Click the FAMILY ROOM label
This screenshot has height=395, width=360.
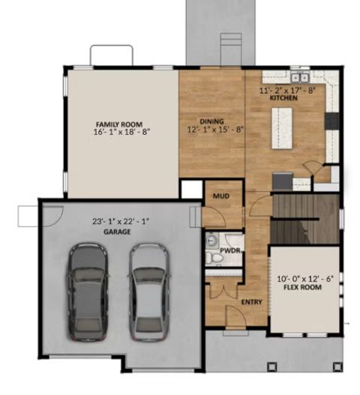pyautogui.click(x=112, y=124)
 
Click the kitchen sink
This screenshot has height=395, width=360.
pyautogui.click(x=299, y=76)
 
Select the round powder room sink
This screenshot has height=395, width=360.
pyautogui.click(x=211, y=241)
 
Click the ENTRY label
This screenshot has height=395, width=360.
pyautogui.click(x=250, y=302)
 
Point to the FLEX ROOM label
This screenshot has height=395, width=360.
pyautogui.click(x=303, y=287)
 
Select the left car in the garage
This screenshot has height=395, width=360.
pyautogui.click(x=87, y=293)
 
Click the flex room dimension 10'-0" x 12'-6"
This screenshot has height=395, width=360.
pyautogui.click(x=303, y=277)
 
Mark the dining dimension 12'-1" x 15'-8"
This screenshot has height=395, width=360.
pyautogui.click(x=211, y=130)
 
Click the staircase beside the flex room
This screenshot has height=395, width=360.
pyautogui.click(x=304, y=217)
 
